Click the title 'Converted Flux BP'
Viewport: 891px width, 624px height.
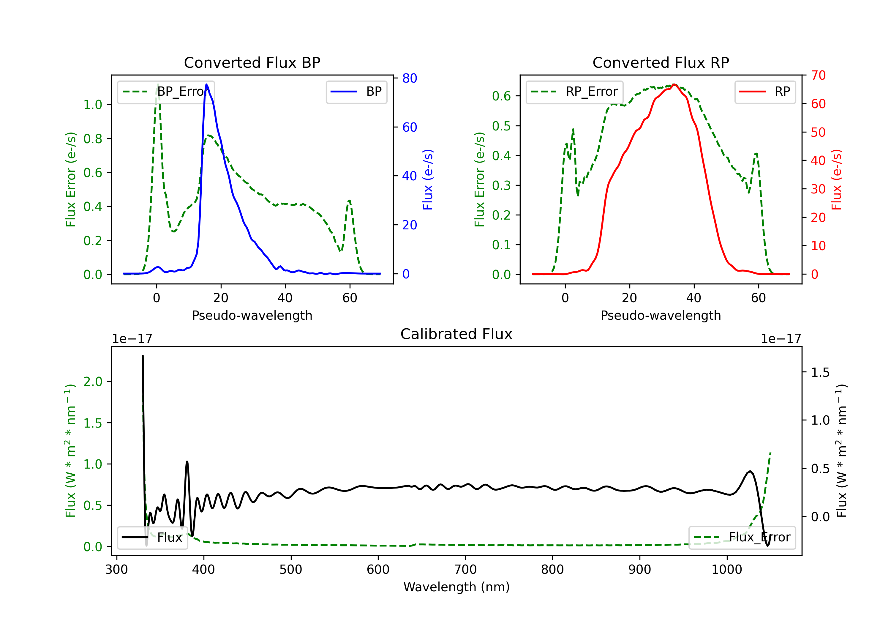pos(252,62)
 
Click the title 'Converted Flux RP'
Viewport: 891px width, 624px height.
pos(661,62)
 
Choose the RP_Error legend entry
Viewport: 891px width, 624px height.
pos(574,92)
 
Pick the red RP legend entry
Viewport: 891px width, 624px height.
pos(765,92)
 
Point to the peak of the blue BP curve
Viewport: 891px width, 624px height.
pos(206,84)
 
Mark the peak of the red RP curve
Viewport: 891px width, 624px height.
pos(674,85)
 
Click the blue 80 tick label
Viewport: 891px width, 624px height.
pos(409,78)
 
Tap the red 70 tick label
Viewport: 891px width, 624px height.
pos(818,75)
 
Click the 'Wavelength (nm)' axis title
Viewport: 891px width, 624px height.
pos(456,587)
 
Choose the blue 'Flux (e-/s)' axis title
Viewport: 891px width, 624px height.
pos(428,179)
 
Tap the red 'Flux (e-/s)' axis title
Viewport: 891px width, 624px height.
pos(836,179)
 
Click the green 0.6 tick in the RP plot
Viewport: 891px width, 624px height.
pos(501,96)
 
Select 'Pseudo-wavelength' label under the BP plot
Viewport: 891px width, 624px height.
pos(252,315)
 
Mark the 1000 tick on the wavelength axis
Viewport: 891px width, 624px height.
pos(726,569)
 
